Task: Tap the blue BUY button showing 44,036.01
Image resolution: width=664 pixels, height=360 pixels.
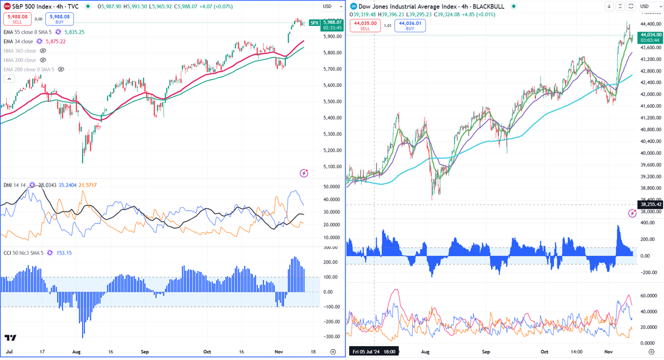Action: pos(410,25)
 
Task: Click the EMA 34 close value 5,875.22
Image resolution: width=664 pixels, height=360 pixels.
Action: pos(58,42)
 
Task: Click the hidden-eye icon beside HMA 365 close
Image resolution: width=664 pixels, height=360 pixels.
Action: pos(43,51)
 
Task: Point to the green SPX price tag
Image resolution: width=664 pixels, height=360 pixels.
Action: pos(314,23)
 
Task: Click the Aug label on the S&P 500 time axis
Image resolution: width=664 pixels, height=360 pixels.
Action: pos(76,352)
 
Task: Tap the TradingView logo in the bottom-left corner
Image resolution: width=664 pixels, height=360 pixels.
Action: pos(10,338)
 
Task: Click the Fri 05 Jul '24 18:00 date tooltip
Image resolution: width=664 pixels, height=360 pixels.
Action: pos(373,352)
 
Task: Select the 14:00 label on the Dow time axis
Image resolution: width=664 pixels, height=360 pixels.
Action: pos(577,352)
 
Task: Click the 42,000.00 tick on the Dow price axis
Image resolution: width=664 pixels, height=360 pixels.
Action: pos(651,94)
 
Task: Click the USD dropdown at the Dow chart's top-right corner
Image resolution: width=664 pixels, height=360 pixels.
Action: pos(647,6)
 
